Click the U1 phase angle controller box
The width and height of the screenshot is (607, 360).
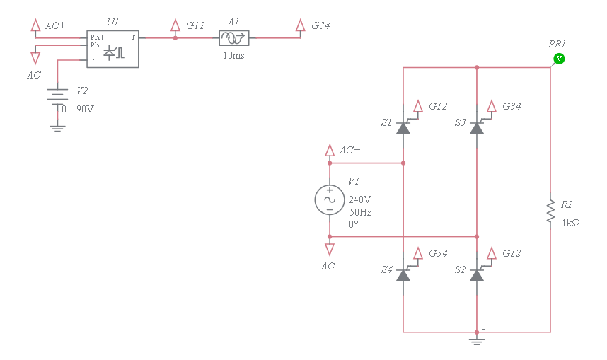point(112,49)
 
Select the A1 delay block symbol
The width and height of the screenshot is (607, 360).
point(235,38)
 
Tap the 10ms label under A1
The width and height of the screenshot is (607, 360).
point(233,55)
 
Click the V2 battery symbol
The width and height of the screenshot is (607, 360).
point(57,95)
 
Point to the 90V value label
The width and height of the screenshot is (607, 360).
point(85,109)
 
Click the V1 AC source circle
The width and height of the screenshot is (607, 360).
point(329,199)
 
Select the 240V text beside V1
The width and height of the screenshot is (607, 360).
point(360,199)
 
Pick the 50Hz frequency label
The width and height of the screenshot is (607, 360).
point(360,211)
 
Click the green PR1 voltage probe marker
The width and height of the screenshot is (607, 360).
point(559,58)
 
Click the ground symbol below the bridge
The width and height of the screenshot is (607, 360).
point(477,342)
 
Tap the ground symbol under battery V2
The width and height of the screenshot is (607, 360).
point(57,127)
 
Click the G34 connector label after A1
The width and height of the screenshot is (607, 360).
point(320,25)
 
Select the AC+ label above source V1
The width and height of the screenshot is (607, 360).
point(349,150)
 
